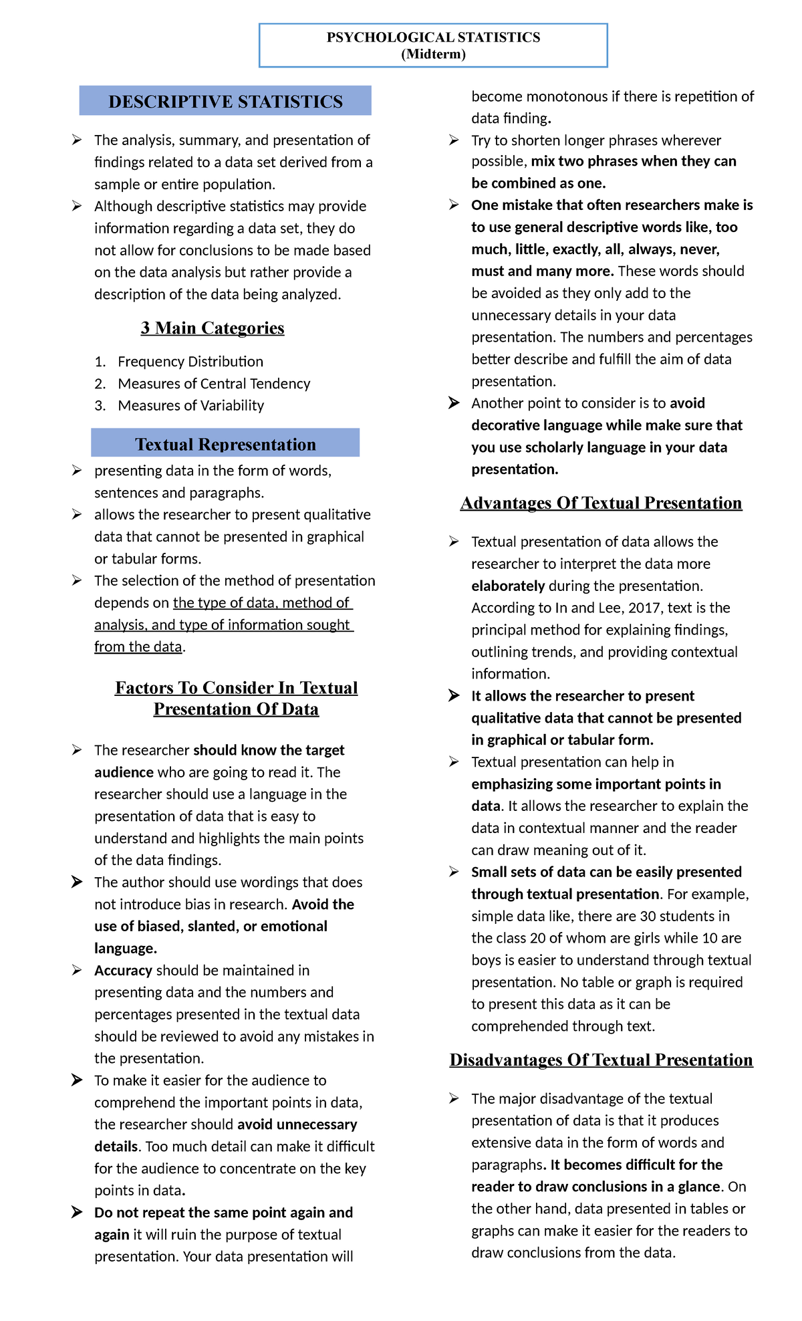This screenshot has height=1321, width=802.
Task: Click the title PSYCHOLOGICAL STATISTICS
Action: (x=433, y=37)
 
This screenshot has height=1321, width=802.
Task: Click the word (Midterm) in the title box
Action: (x=433, y=54)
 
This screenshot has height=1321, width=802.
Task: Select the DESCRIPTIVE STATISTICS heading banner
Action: (x=225, y=101)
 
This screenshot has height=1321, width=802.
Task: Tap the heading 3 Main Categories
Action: (x=213, y=328)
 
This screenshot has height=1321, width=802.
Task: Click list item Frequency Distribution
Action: (x=190, y=362)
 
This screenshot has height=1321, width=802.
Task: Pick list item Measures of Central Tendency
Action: (x=214, y=384)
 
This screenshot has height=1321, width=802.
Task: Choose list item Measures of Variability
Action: (x=190, y=406)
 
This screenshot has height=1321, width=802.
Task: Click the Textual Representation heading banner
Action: (x=225, y=444)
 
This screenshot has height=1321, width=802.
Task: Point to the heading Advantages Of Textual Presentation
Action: (x=601, y=503)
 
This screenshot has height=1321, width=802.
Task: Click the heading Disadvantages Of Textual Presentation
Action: (x=601, y=1060)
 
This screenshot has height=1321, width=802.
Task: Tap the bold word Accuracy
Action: (x=123, y=971)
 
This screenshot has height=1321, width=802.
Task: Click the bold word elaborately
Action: (x=508, y=586)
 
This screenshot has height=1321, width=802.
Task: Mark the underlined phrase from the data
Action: (x=138, y=647)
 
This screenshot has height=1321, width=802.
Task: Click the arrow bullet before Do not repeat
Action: (x=78, y=1212)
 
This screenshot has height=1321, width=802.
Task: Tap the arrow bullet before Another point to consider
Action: (x=454, y=402)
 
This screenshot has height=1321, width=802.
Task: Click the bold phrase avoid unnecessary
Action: (x=297, y=1124)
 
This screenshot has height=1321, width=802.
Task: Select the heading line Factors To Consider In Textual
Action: (x=236, y=688)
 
